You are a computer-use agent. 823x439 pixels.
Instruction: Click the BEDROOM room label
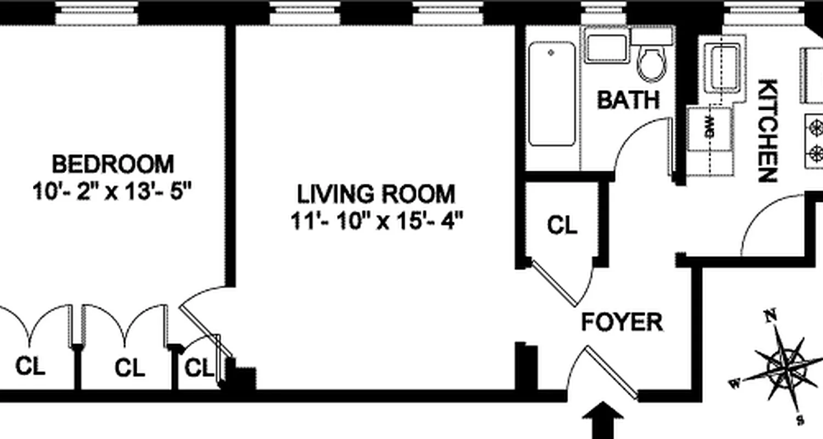click(112, 164)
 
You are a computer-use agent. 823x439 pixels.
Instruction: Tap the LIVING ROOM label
click(376, 194)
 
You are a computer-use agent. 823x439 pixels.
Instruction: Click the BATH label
click(628, 100)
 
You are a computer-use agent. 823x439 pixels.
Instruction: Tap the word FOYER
click(622, 322)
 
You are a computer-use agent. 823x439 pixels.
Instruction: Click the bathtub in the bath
click(552, 94)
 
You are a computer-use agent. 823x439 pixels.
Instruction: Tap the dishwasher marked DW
click(709, 132)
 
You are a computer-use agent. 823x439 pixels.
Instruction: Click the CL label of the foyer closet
click(562, 224)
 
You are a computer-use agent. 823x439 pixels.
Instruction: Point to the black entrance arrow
click(603, 420)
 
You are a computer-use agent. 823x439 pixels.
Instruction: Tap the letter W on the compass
click(734, 383)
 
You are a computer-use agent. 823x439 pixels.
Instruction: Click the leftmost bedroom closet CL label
click(30, 365)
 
